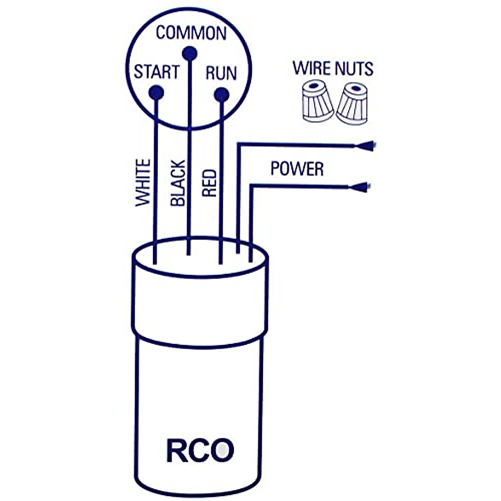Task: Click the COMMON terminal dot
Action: [x=190, y=53]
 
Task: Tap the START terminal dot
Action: [x=156, y=92]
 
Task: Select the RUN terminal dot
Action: [x=221, y=95]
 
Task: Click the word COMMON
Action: [x=191, y=33]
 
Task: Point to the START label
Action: [x=157, y=72]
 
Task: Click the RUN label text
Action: [x=221, y=73]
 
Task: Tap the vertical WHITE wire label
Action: [x=143, y=182]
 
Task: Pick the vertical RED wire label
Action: [x=209, y=183]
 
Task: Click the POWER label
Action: [x=297, y=169]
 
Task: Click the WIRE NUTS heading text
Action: [x=333, y=68]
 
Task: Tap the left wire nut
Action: [x=317, y=102]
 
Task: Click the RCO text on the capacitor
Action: [x=200, y=450]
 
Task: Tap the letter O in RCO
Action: [x=221, y=450]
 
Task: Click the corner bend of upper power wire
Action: [x=238, y=144]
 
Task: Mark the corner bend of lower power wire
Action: [x=250, y=186]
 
